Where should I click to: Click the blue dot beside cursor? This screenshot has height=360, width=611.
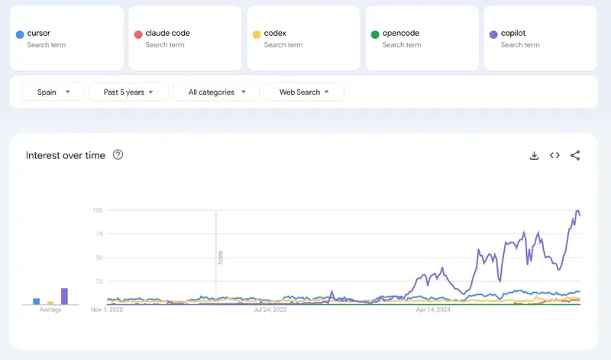coord(19,34)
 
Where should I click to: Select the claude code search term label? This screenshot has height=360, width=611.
coord(167,34)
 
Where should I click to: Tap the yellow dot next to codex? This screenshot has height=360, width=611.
coord(256,34)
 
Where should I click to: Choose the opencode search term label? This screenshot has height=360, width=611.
coord(401,34)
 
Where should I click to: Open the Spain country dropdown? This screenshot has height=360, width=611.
coord(53,92)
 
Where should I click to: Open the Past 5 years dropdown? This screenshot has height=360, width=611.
coord(128,92)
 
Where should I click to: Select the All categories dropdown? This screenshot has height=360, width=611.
coord(216,92)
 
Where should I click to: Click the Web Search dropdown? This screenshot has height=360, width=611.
coord(304,92)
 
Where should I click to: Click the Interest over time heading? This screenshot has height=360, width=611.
coord(66,155)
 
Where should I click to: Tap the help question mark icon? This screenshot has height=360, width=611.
coord(118,154)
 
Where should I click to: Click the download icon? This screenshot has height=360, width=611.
coord(535,155)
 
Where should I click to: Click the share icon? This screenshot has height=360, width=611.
coord(576,155)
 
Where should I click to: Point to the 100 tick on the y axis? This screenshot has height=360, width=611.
coord(98,210)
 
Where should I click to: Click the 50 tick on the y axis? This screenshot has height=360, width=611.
coord(99,258)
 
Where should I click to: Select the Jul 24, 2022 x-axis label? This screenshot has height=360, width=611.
coord(270,310)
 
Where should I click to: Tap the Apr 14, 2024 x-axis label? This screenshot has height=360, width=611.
coord(433,310)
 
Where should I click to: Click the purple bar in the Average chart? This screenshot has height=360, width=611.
coord(64,296)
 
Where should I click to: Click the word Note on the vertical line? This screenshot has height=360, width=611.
coord(220,258)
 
